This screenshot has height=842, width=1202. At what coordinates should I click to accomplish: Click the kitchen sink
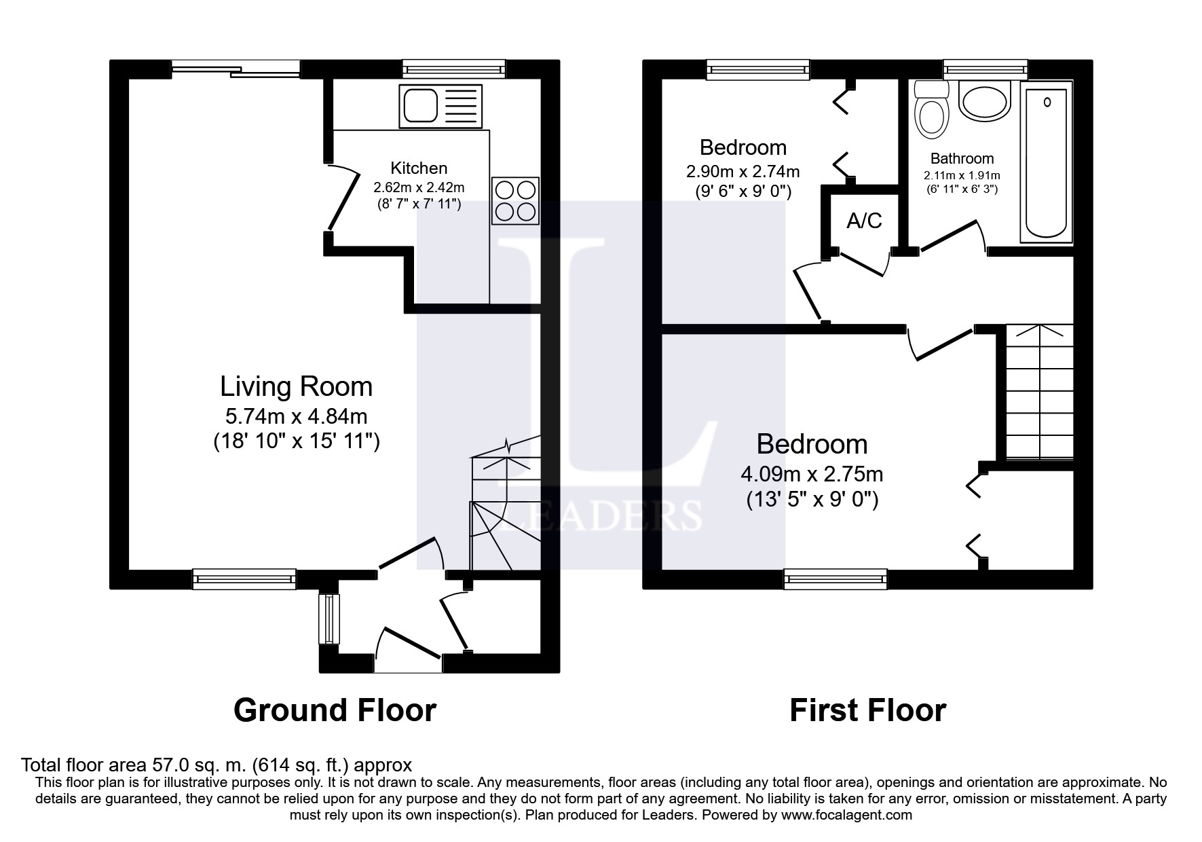(x=441, y=107)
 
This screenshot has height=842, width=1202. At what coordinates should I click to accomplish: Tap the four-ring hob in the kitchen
(x=515, y=201)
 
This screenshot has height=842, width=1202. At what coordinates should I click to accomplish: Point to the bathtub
(x=1047, y=162)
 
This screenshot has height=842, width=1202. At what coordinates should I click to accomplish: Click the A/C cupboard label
(x=864, y=220)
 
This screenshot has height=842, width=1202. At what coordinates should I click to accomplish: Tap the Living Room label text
(x=296, y=386)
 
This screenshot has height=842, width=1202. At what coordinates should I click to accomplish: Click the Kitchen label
(x=419, y=168)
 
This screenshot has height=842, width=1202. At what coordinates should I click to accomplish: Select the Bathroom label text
(x=962, y=158)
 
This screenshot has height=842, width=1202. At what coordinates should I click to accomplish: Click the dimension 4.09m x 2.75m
(x=812, y=473)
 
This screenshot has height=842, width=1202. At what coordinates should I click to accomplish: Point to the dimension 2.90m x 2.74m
(x=743, y=171)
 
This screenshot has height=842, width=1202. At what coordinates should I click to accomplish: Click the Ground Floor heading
(x=335, y=710)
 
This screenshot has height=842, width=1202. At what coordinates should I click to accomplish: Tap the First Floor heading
(x=867, y=710)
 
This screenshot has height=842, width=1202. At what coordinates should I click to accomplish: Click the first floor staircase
(x=1039, y=392)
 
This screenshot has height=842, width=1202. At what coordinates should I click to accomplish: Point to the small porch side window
(x=329, y=619)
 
